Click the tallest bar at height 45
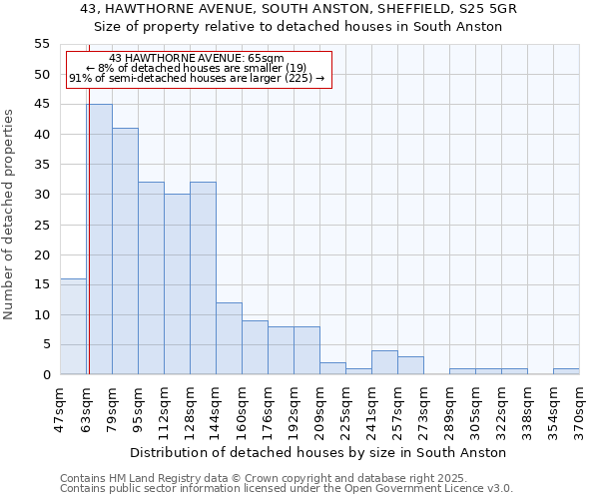point(99,240)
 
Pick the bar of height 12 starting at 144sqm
point(229,338)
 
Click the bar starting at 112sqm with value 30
point(177,284)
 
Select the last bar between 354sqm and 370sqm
point(566,371)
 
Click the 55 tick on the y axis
point(41,44)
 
